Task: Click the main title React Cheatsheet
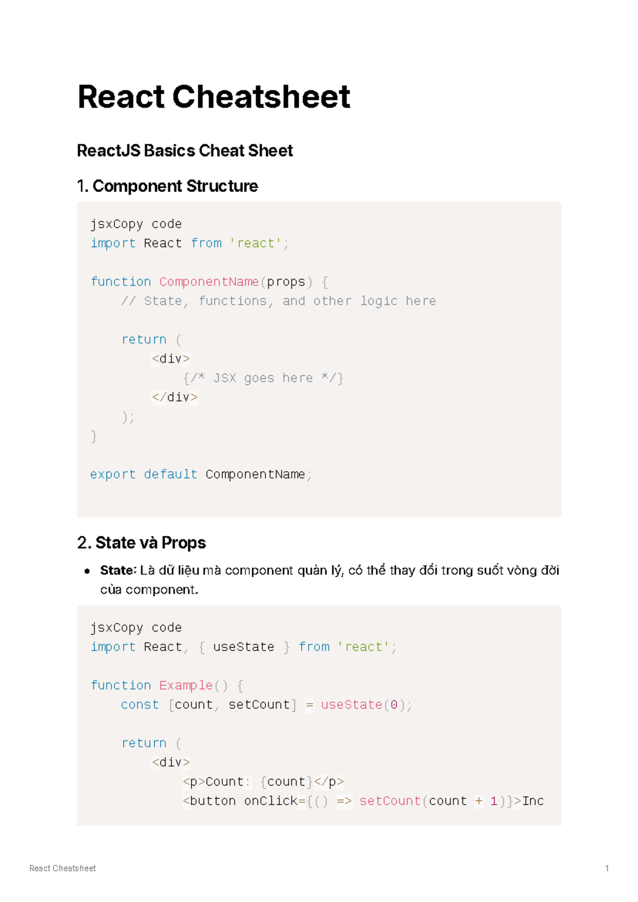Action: point(213,97)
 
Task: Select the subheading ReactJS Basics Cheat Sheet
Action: point(184,151)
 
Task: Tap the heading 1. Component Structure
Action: point(167,186)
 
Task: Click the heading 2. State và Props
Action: point(141,543)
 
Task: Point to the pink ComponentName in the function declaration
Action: point(208,282)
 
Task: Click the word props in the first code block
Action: point(286,282)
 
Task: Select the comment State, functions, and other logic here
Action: point(279,301)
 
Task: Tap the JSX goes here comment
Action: point(263,378)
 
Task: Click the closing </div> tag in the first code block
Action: point(174,398)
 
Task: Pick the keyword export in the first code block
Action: point(113,475)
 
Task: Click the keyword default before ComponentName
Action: point(170,475)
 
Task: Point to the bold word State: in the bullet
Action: point(119,571)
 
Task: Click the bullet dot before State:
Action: point(87,571)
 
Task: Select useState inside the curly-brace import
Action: point(244,647)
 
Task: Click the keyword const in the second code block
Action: point(139,705)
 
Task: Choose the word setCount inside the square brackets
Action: point(259,705)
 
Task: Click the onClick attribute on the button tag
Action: point(271,801)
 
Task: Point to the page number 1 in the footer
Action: point(607,869)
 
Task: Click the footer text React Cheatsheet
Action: point(62,869)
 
